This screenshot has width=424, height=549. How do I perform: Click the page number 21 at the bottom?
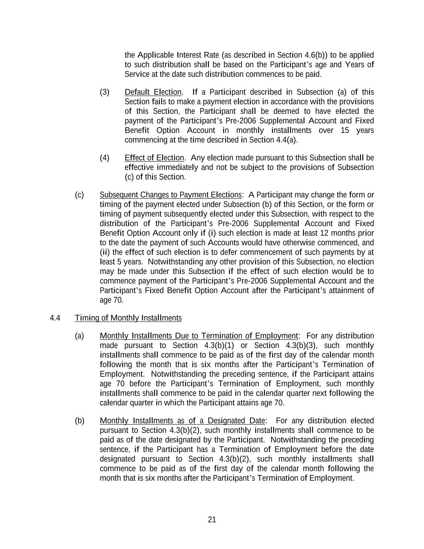pos(212,520)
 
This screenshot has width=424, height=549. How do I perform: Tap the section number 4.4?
pos(55,318)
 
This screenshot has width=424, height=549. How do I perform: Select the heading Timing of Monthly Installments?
pos(128,318)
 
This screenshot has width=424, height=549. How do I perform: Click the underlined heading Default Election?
pos(153,92)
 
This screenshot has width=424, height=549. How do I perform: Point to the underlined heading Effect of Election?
pos(154,158)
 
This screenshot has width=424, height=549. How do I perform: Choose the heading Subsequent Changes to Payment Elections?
pos(171,195)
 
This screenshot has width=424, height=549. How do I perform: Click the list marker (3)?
pos(104,92)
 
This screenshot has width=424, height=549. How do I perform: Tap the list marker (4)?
pos(104,158)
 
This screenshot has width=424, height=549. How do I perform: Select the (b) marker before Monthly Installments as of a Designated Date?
pos(80,421)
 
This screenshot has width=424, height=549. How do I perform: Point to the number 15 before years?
pos(345,130)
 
